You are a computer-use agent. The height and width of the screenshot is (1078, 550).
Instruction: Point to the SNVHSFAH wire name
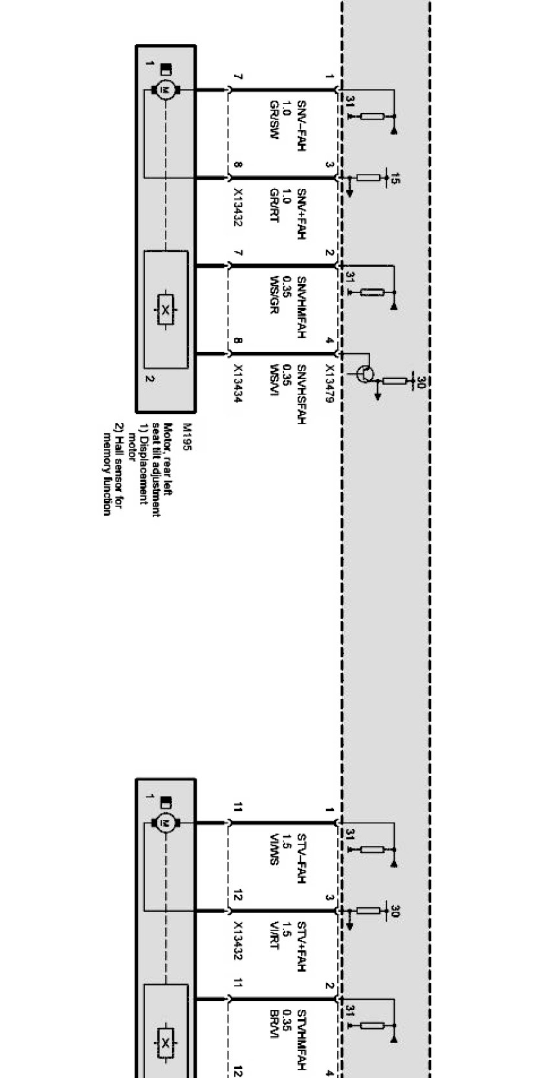click(x=301, y=394)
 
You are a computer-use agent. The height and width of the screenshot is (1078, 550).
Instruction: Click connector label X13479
click(x=329, y=384)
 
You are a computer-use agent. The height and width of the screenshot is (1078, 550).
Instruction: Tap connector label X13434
click(x=237, y=384)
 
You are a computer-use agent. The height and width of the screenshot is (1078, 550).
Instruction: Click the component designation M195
click(x=187, y=438)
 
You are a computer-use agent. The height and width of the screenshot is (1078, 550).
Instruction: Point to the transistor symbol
click(x=366, y=373)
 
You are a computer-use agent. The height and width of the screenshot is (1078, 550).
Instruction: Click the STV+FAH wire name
click(x=301, y=947)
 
